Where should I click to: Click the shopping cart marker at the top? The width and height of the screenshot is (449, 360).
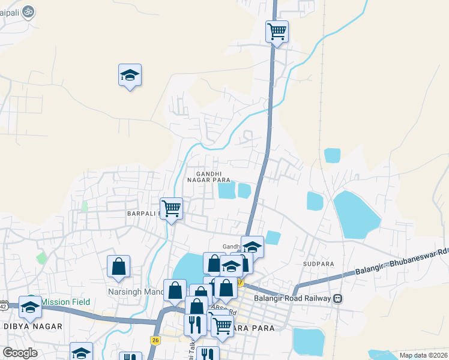[277, 31]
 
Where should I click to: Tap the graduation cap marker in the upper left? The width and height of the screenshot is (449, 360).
[130, 76]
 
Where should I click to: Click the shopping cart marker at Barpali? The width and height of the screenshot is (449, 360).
[172, 209]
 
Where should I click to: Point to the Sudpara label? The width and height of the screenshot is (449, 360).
[318, 263]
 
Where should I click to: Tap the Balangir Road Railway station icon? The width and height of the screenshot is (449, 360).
[338, 298]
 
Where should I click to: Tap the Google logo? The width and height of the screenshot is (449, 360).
[20, 353]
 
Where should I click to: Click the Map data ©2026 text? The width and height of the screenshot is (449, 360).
[423, 355]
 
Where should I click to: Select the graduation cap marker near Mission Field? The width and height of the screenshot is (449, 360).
[30, 308]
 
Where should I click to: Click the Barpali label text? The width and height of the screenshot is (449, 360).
[142, 213]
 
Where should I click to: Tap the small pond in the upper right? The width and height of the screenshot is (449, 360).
[332, 155]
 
